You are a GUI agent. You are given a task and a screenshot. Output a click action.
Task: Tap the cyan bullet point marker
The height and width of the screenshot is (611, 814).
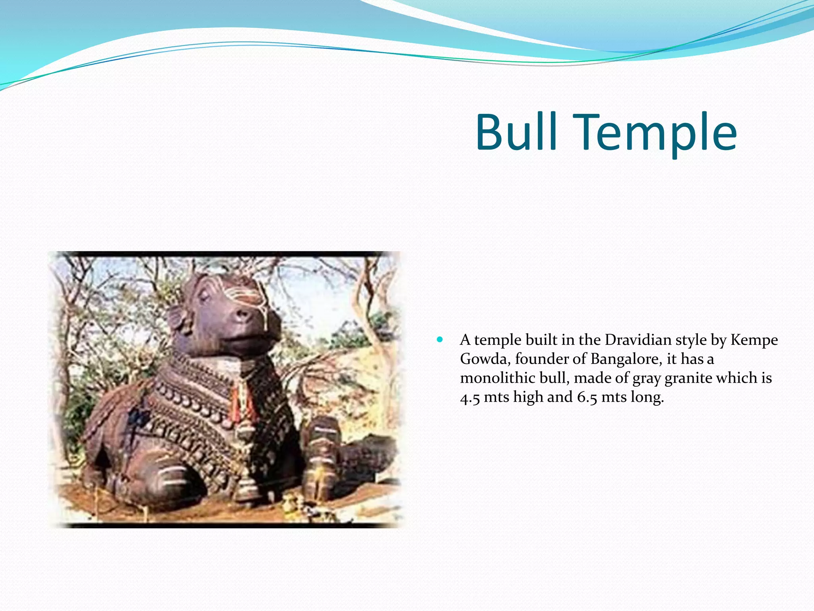tap(439, 340)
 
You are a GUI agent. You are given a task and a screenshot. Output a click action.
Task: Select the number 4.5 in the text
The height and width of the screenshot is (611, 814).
tap(470, 397)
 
